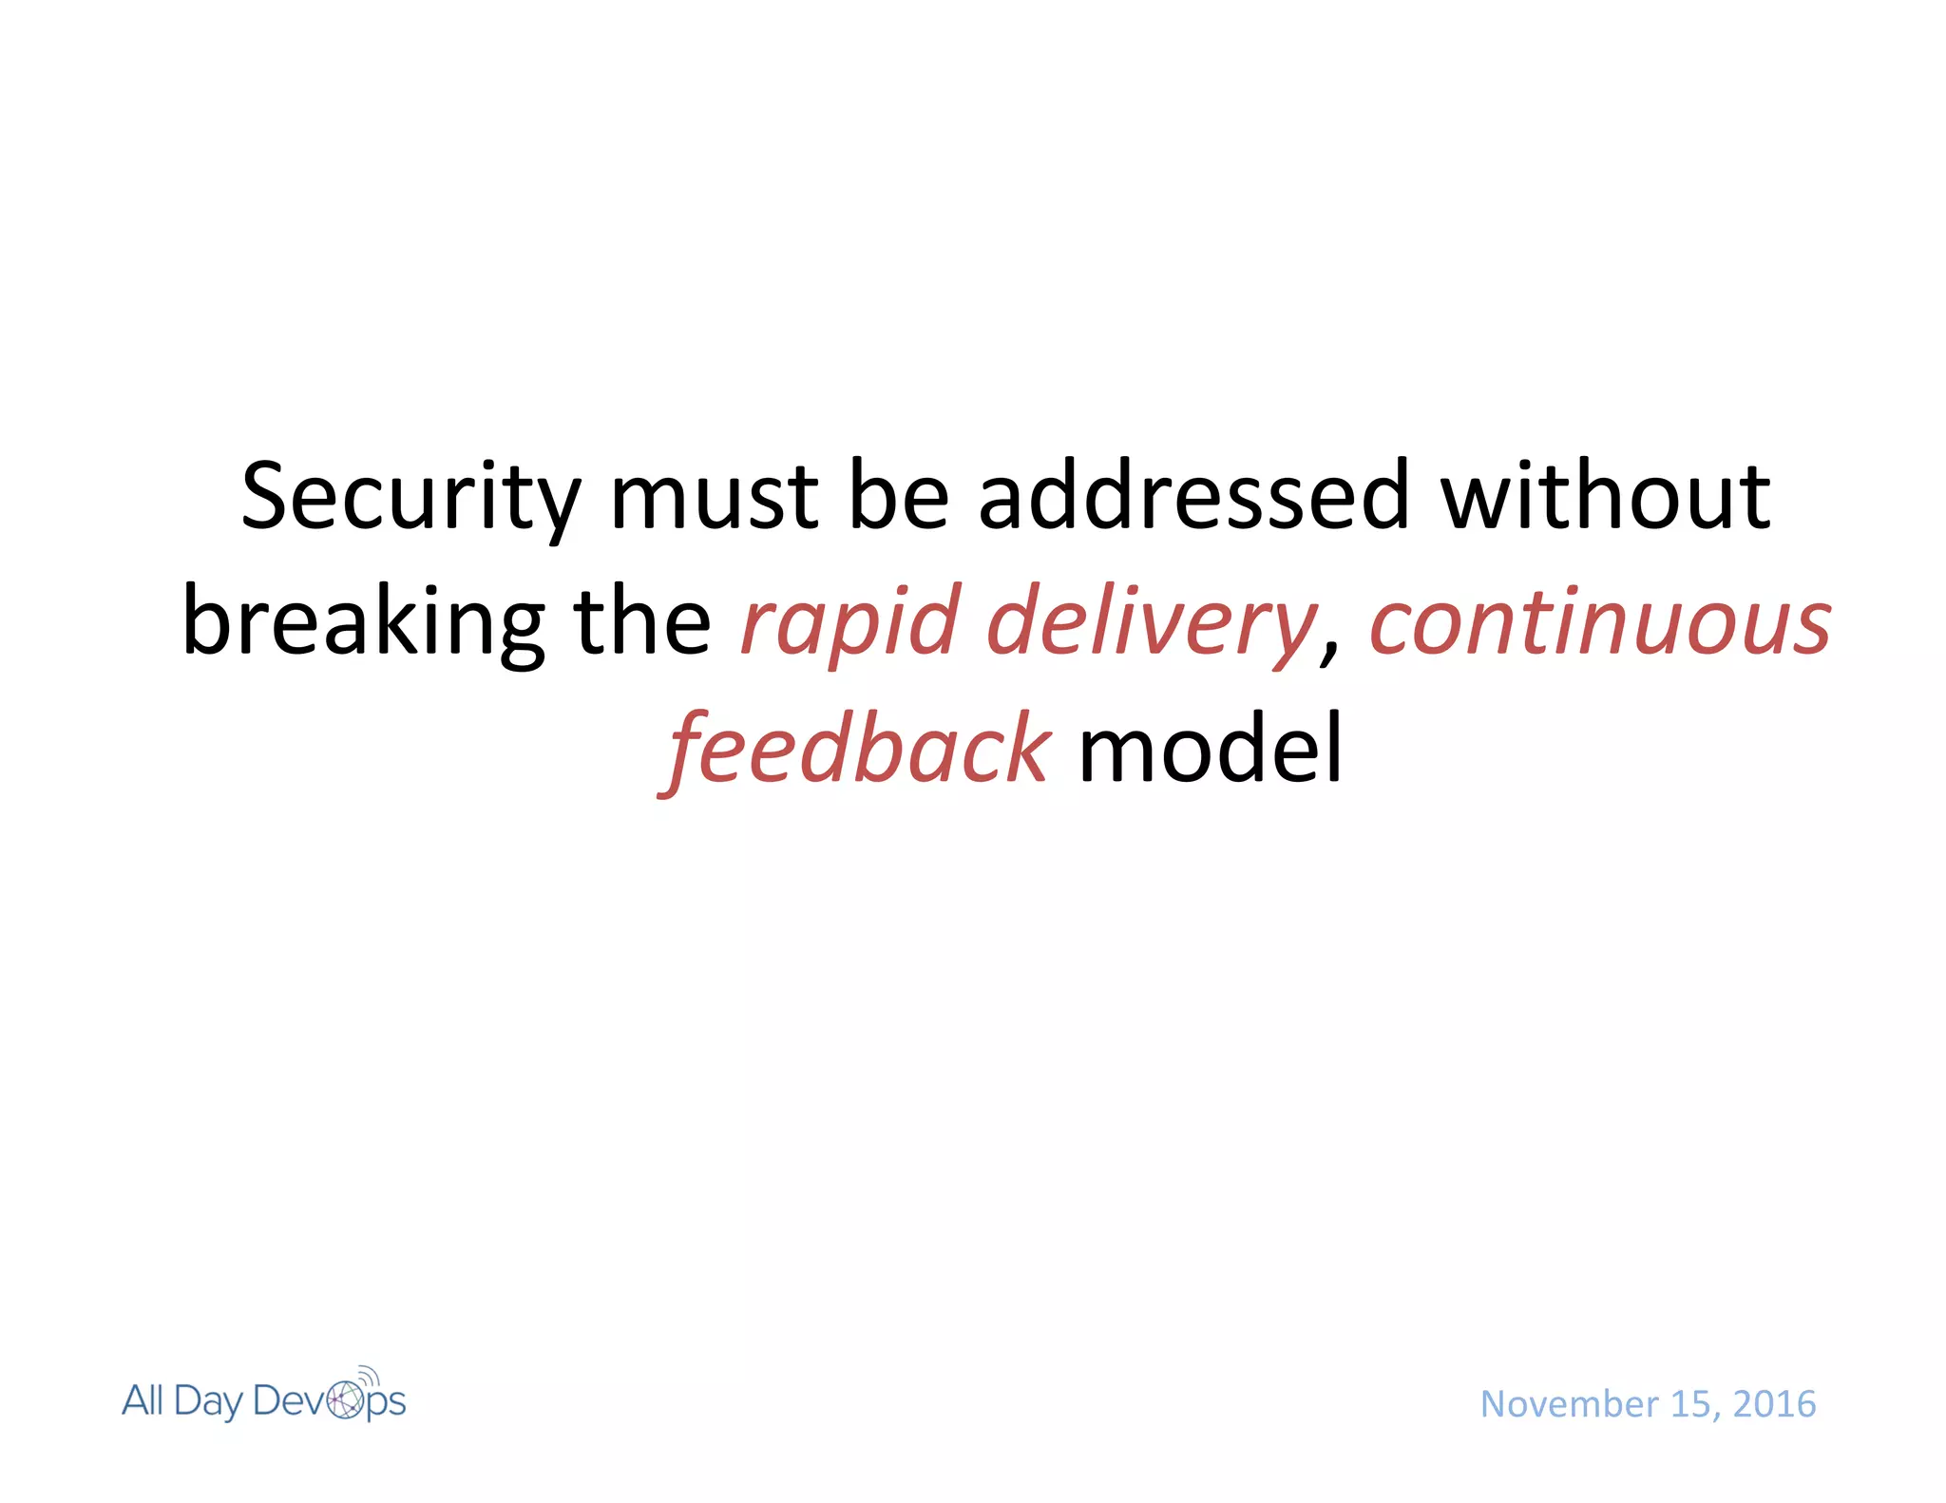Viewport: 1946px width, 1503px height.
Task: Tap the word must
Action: [x=714, y=498]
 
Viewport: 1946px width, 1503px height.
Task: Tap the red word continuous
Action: [x=1600, y=622]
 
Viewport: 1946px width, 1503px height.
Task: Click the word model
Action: [x=1211, y=751]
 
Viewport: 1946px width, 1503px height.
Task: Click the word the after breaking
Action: [x=642, y=622]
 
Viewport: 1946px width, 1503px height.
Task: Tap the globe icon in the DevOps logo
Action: [x=345, y=1400]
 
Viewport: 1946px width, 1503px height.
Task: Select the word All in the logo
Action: [x=143, y=1400]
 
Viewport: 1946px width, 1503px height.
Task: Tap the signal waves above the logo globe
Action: [x=370, y=1375]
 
